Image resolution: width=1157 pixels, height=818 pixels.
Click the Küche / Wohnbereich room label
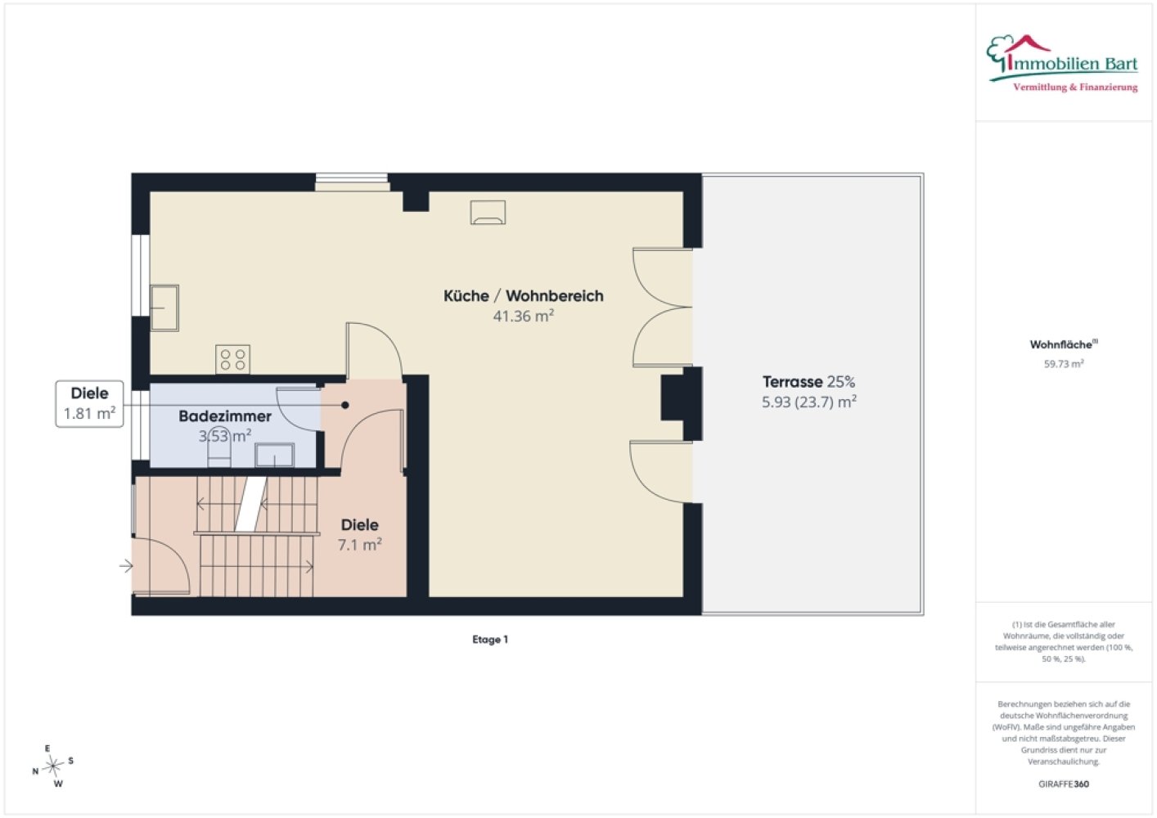pyautogui.click(x=523, y=296)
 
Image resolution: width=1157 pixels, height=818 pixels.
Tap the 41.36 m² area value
pyautogui.click(x=523, y=316)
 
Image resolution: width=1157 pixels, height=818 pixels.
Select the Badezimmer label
pyautogui.click(x=225, y=416)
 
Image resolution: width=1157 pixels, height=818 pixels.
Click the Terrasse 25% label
pyautogui.click(x=809, y=382)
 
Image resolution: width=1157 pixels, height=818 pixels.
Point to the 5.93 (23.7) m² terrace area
pyautogui.click(x=809, y=402)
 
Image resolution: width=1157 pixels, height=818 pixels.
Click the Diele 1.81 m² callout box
pyautogui.click(x=89, y=404)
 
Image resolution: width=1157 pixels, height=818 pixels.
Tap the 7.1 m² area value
pyautogui.click(x=360, y=545)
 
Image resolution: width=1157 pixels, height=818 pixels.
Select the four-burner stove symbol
pyautogui.click(x=232, y=359)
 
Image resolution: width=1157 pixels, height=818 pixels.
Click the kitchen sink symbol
pyautogui.click(x=164, y=308)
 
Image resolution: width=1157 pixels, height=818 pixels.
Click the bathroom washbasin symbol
pyautogui.click(x=275, y=455)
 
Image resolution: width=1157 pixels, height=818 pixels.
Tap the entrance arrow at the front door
pyautogui.click(x=126, y=566)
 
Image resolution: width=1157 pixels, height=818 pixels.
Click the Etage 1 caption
pyautogui.click(x=490, y=640)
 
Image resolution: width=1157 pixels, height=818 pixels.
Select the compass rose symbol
pyautogui.click(x=53, y=766)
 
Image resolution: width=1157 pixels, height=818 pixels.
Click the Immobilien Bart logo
pyautogui.click(x=1062, y=64)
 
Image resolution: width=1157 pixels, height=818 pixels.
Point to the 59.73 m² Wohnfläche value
pyautogui.click(x=1064, y=364)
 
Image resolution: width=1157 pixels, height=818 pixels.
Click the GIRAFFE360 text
pyautogui.click(x=1064, y=784)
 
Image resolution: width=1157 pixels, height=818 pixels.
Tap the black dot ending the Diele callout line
pyautogui.click(x=345, y=406)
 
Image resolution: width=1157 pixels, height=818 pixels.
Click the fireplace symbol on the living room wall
pyautogui.click(x=488, y=213)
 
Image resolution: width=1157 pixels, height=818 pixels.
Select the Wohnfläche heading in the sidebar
pyautogui.click(x=1064, y=344)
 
